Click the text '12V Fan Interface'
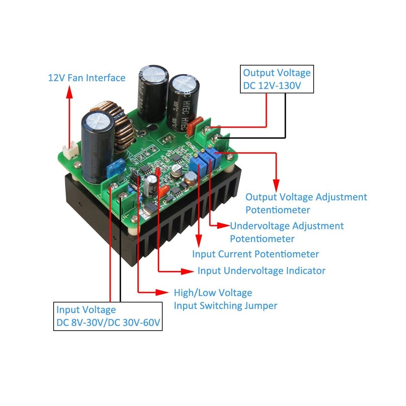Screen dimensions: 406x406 [x=87, y=78]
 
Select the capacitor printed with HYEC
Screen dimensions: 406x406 [x=183, y=102]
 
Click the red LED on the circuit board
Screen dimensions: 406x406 [x=158, y=171]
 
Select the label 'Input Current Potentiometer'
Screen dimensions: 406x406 [x=255, y=254]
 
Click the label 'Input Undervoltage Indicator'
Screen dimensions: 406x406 [x=261, y=271]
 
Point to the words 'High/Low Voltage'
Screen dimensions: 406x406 [x=213, y=293]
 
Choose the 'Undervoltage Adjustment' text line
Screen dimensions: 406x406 [x=287, y=226]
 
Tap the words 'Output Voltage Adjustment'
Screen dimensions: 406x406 [x=306, y=197]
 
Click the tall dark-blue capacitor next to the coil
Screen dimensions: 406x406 [x=97, y=146]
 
